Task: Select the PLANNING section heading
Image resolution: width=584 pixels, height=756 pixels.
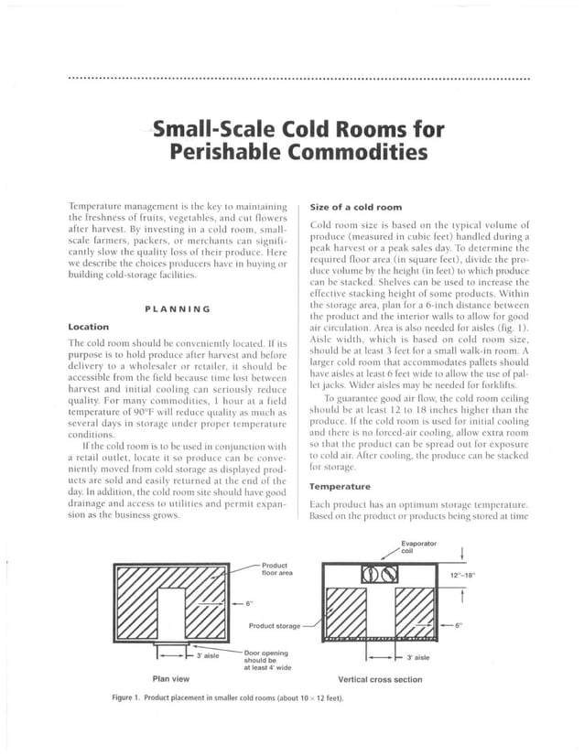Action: click(x=178, y=308)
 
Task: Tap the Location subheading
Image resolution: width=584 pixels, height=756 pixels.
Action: click(x=89, y=327)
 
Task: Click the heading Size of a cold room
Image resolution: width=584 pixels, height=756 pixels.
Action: click(x=356, y=208)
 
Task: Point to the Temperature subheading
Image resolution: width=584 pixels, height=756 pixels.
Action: click(x=341, y=487)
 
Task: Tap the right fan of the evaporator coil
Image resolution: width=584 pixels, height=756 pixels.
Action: click(x=391, y=576)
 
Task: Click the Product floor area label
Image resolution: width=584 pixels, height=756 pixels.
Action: click(x=276, y=569)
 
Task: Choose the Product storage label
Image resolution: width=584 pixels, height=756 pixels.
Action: click(x=274, y=626)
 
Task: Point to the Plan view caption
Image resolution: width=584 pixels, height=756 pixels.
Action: click(x=171, y=679)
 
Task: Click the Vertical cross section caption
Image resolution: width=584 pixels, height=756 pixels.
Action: click(x=380, y=679)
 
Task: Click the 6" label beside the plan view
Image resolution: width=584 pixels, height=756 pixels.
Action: click(x=248, y=604)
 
